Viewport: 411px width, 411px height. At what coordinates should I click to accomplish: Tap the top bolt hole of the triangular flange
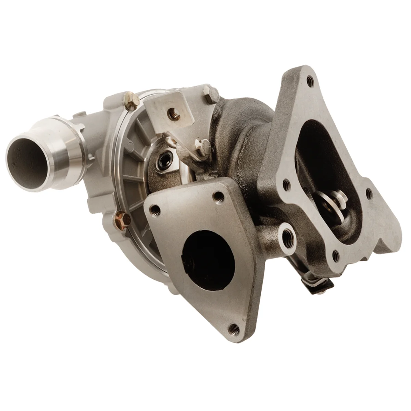click(x=217, y=196)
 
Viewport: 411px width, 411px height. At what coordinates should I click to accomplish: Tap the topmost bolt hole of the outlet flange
click(x=310, y=81)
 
